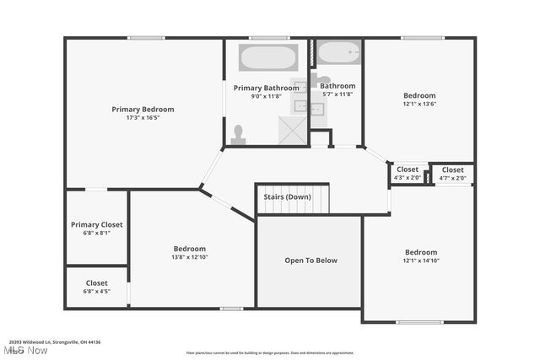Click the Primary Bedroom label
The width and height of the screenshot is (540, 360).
coord(143,110)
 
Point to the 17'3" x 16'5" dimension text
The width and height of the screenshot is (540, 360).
coord(143,118)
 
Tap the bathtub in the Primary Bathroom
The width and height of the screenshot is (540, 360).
coord(267,58)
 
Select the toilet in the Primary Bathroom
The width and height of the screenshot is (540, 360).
coord(239,135)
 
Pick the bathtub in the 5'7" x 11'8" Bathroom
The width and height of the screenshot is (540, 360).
coord(339,53)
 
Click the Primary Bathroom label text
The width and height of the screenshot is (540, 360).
coord(266,88)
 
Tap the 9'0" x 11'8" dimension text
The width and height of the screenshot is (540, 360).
coord(266,96)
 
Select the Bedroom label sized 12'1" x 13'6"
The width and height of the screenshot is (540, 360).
coord(419,96)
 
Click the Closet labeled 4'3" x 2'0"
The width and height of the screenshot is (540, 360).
coord(408,169)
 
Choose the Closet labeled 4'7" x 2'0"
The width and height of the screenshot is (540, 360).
coord(452,169)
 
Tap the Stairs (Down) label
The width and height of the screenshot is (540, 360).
coord(286,197)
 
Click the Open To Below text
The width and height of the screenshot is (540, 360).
coord(310,261)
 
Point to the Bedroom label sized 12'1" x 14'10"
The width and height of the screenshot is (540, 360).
coord(421,252)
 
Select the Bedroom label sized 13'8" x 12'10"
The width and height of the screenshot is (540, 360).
coord(190,249)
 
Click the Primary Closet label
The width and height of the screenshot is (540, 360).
coord(96,225)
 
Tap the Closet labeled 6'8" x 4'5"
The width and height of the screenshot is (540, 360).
coord(96,283)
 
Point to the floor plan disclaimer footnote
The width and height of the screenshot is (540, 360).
coord(270,352)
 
